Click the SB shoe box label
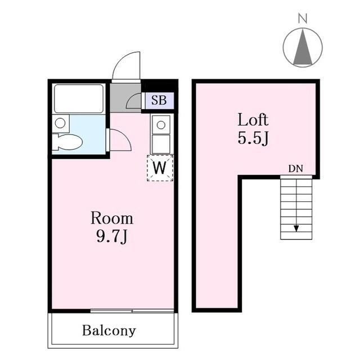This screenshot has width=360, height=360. (x=159, y=100)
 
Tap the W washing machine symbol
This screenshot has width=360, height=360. (x=160, y=168)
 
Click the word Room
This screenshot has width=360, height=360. (x=112, y=218)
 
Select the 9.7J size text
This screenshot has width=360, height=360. (x=112, y=236)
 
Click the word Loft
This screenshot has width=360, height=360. (x=253, y=120)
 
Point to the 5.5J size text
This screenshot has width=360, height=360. (x=253, y=138)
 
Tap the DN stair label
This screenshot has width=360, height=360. (x=296, y=169)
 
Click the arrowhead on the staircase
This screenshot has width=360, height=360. (x=296, y=228)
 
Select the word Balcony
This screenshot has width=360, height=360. (x=109, y=331)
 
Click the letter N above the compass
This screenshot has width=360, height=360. (x=303, y=19)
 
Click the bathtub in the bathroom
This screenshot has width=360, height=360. (x=79, y=99)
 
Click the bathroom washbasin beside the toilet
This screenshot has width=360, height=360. (x=60, y=123)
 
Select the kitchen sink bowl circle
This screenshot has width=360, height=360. (x=161, y=125)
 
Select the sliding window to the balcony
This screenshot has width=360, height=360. (x=132, y=311)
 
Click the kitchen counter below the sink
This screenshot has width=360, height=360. (x=161, y=144)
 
